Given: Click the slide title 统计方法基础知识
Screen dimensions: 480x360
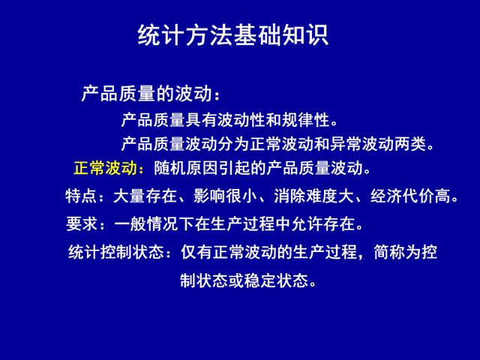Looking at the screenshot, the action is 233,35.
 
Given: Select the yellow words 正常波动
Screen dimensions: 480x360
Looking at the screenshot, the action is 105,168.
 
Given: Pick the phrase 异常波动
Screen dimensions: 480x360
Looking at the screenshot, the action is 361,144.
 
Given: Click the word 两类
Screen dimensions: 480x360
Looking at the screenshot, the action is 410,144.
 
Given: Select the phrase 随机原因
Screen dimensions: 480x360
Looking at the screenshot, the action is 186,168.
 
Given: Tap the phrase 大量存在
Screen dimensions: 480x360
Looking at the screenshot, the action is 145,196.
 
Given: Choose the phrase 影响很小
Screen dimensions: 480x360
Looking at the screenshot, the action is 225,196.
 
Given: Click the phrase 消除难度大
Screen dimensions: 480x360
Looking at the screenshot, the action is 313,196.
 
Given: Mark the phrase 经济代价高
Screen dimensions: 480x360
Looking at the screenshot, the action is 410,196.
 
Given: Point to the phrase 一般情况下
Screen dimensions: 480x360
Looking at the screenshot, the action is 154,223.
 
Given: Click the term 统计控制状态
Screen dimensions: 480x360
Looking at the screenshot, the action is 116,252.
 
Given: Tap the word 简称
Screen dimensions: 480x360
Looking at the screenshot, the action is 390,252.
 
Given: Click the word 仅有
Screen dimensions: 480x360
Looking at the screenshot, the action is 196,252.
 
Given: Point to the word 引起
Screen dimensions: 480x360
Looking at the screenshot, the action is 234,168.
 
